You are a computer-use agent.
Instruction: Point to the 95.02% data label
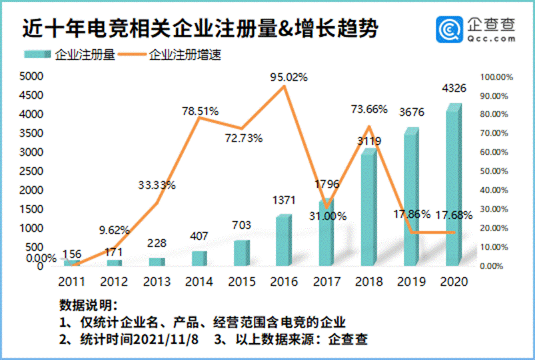click(x=288, y=77)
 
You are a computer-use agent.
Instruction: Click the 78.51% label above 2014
click(x=201, y=111)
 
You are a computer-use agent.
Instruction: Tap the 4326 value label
click(x=454, y=89)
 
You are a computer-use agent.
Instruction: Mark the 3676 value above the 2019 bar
click(x=410, y=113)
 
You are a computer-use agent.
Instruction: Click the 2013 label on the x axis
click(x=157, y=281)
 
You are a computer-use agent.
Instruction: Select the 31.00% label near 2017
click(x=328, y=215)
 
